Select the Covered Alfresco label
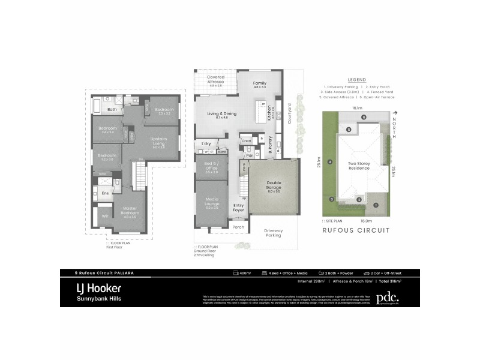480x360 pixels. click(x=215, y=80)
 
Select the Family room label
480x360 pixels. click(x=259, y=83)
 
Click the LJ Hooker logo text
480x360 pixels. click(x=99, y=288)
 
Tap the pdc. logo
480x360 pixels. click(x=387, y=298)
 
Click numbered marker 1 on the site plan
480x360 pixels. click(x=376, y=205)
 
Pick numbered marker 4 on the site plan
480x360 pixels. click(x=331, y=161)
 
